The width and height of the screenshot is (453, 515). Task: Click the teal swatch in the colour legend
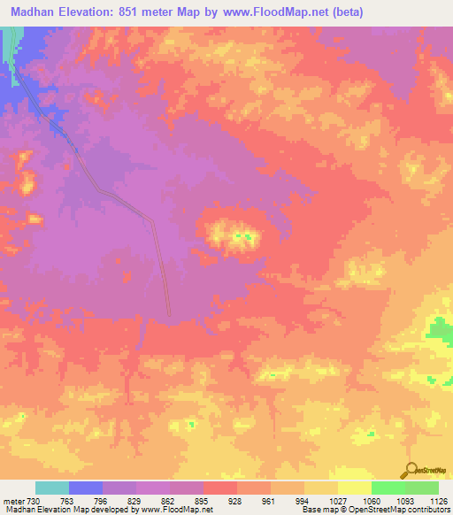pyautogui.click(x=52, y=488)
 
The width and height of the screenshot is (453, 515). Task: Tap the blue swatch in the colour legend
pyautogui.click(x=86, y=488)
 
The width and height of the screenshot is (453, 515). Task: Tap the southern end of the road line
pyautogui.click(x=169, y=312)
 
